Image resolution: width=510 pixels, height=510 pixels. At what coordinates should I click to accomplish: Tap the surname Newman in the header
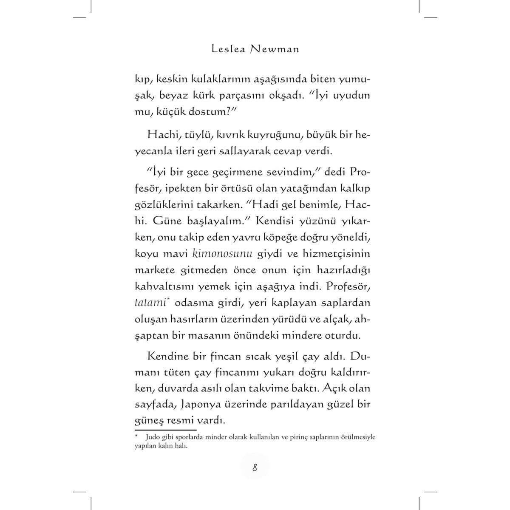(x=275, y=49)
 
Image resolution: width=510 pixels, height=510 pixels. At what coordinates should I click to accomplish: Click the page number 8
(x=255, y=468)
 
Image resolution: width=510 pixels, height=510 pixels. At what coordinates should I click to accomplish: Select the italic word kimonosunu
(x=223, y=254)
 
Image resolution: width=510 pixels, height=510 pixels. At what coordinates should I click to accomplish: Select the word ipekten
(x=193, y=190)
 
